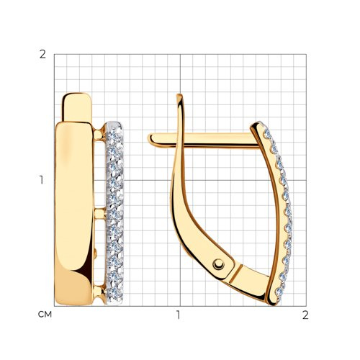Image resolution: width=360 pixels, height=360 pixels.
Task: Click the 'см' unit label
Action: coord(45,315)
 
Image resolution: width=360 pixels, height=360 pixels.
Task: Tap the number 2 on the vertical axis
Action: coord(42,55)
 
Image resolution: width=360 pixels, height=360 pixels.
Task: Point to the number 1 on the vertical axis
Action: coord(42,180)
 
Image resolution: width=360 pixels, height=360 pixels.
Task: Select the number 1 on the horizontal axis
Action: coord(178,315)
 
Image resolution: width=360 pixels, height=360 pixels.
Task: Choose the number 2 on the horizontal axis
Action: coord(305,315)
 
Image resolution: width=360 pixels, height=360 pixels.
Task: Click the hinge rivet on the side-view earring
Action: coord(218,264)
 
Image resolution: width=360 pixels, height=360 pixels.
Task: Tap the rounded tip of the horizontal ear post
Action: coord(150,139)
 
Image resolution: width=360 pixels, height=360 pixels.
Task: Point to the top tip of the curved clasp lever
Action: coord(179,96)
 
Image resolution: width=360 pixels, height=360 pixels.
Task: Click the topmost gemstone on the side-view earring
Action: coord(267,134)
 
